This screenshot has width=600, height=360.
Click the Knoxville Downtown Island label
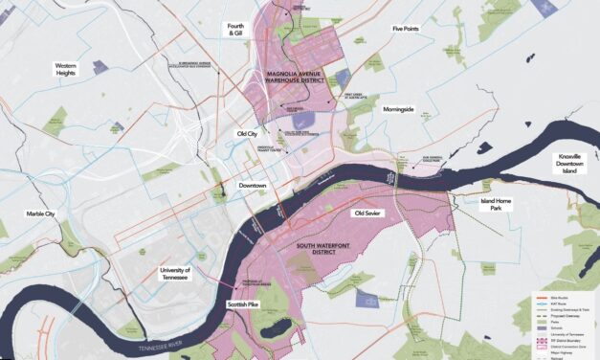point(574,162)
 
